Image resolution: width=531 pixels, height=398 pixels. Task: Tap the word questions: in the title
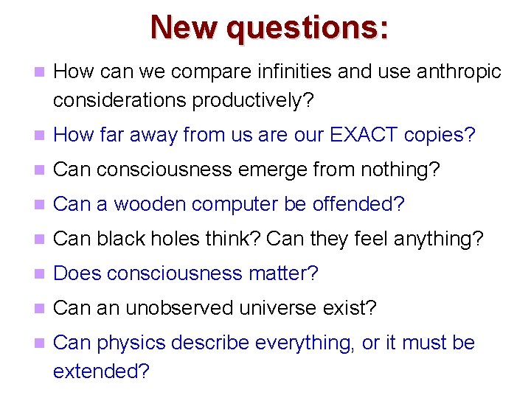click(x=308, y=28)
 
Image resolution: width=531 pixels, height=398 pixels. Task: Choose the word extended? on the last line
click(x=101, y=371)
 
